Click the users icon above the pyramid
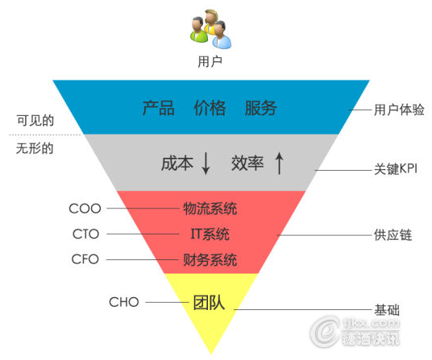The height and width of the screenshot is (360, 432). tap(210, 29)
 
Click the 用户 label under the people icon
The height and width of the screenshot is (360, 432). tap(210, 61)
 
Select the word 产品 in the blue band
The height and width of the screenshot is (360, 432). tap(159, 108)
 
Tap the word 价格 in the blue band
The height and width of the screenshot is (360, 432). tap(210, 108)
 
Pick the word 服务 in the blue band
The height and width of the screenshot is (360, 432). tap(261, 108)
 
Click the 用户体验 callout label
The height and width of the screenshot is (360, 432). tap(399, 110)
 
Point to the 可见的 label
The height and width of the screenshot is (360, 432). tap(35, 120)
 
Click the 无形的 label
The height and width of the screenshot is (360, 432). tap(35, 149)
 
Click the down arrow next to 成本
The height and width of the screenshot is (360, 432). tap(206, 163)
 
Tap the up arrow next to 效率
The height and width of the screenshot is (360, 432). tap(279, 163)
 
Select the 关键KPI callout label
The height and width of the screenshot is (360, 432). tap(396, 168)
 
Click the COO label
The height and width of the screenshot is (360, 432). tap(85, 209)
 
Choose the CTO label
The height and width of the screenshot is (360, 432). tap(85, 234)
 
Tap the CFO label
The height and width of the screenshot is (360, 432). tap(85, 259)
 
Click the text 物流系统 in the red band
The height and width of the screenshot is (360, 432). tap(210, 209)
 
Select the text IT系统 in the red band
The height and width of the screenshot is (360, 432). tap(210, 234)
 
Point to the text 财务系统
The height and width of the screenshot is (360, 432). tap(210, 260)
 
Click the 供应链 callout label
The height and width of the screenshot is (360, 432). tap(393, 235)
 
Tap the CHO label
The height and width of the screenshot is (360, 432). tap(124, 302)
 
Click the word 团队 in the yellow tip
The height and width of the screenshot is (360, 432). tap(209, 303)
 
